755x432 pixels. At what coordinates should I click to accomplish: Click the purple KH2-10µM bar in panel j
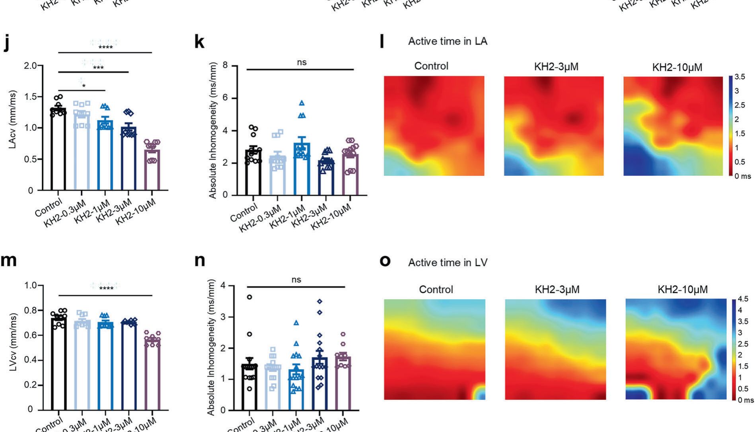152,171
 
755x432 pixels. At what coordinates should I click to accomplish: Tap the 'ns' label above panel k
302,62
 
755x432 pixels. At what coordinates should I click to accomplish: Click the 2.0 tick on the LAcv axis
30,66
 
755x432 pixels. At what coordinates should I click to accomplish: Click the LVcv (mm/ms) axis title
14,342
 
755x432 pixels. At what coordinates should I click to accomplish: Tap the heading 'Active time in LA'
448,41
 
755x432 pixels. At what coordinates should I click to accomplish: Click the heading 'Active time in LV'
448,263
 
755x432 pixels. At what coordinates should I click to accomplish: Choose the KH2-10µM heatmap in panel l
673,126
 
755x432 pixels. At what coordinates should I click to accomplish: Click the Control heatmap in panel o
434,349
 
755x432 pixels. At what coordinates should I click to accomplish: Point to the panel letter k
199,41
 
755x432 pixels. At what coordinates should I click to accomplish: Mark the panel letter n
200,261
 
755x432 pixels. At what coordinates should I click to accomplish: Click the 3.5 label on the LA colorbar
739,77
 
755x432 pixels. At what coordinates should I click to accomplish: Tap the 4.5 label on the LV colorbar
743,299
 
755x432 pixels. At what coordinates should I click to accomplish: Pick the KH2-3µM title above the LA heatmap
556,67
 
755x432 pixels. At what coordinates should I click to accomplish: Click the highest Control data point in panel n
249,297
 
